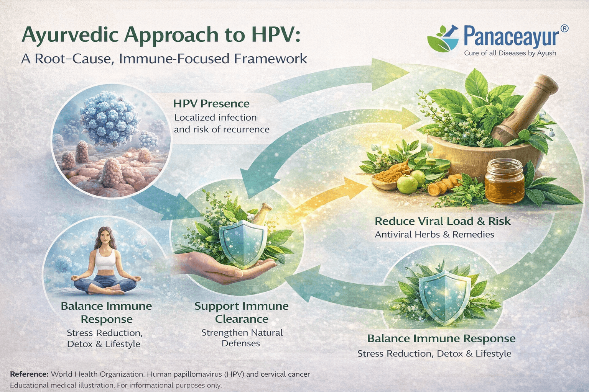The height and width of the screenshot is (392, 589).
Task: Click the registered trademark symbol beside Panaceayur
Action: (x=564, y=29)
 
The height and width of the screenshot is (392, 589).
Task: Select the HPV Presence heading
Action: (x=211, y=104)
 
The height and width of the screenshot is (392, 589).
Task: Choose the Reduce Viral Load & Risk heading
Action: (x=443, y=221)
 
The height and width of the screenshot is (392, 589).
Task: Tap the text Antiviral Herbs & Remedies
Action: (x=434, y=234)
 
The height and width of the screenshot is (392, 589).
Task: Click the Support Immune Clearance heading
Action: (x=241, y=312)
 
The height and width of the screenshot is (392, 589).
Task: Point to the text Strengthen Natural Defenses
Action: (x=242, y=338)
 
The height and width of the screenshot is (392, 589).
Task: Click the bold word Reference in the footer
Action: (x=29, y=374)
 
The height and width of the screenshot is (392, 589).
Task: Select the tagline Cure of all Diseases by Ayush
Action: (x=510, y=53)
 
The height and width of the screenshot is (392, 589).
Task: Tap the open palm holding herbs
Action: (x=215, y=268)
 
